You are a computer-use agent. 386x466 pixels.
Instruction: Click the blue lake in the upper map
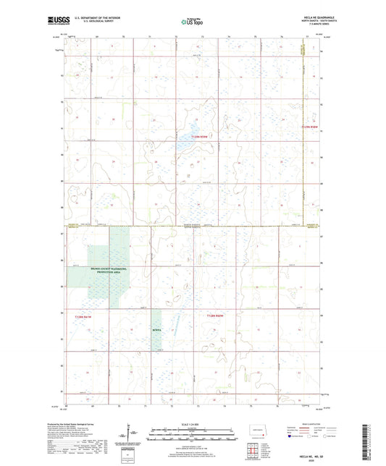(187, 151)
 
